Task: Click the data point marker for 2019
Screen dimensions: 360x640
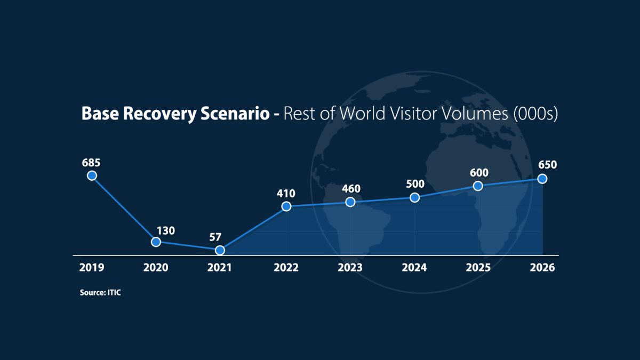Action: coord(92,175)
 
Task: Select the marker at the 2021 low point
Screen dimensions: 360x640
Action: coord(220,250)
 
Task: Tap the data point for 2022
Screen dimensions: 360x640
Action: coord(286,206)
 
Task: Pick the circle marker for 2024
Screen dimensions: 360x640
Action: coord(414,197)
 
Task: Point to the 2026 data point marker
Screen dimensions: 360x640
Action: coord(542,179)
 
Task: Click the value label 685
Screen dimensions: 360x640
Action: coord(91,161)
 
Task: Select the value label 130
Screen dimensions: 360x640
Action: coord(166,231)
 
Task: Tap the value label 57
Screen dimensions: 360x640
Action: coord(215,237)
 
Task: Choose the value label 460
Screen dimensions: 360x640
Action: coord(351,189)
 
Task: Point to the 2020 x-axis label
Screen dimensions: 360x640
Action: coord(155,268)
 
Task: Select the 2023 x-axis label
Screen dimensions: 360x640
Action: coord(350,268)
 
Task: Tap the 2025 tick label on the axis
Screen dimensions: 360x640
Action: coord(478,268)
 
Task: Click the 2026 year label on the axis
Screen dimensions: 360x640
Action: coord(542,268)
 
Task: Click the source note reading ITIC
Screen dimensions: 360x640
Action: coord(100,293)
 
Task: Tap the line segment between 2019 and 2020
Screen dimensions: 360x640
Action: coord(124,209)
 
